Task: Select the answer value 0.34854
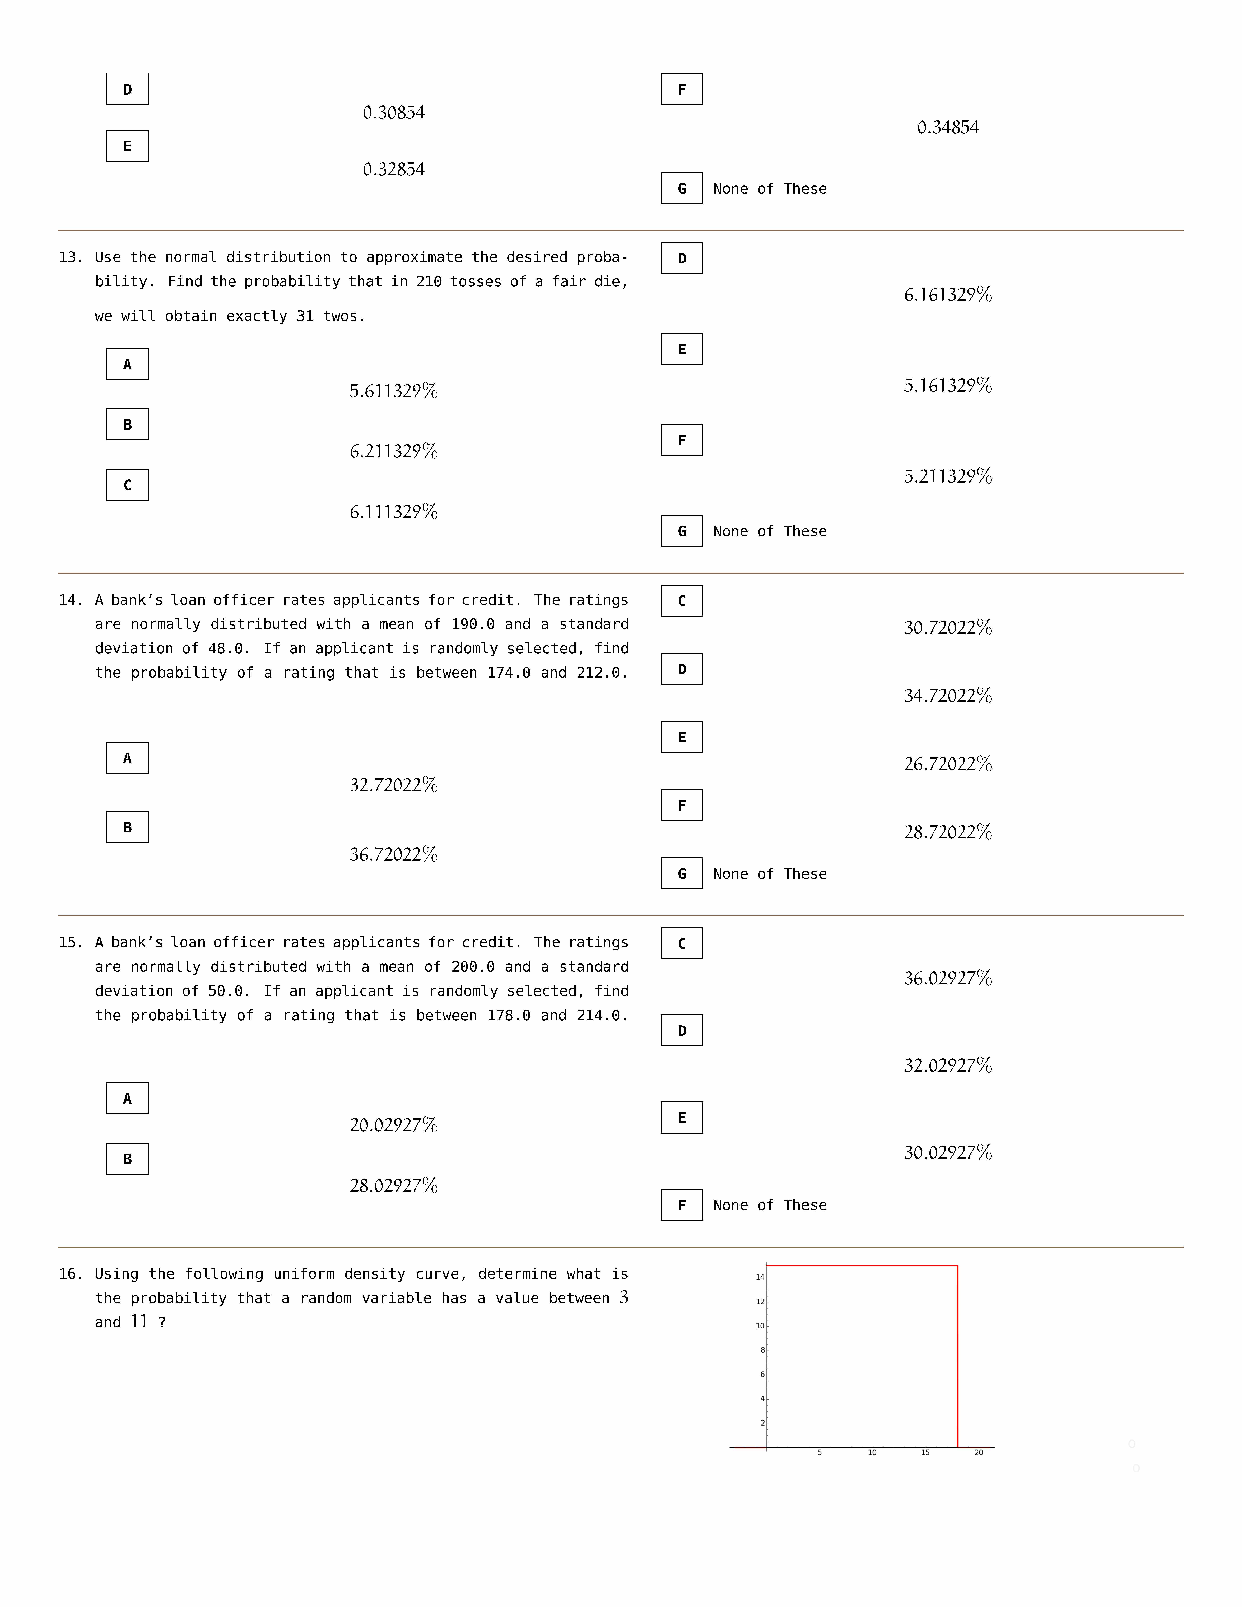[x=948, y=127]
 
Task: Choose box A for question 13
[x=127, y=364]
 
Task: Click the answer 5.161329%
[x=948, y=386]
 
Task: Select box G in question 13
[x=681, y=530]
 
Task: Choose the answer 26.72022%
[x=948, y=764]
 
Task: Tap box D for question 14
[x=681, y=669]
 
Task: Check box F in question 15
[x=681, y=1205]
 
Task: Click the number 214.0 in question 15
[x=598, y=1015]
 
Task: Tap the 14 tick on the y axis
[x=760, y=1277]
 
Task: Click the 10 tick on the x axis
[x=872, y=1452]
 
